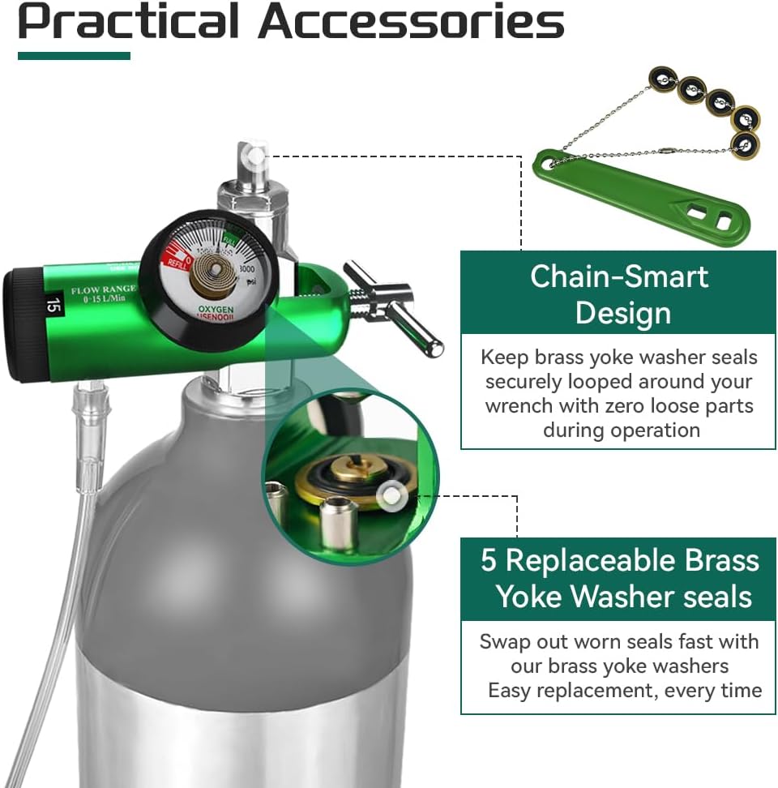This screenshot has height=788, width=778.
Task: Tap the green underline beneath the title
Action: (x=73, y=56)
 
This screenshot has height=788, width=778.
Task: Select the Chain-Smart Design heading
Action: (x=619, y=293)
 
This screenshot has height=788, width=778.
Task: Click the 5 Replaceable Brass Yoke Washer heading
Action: (x=619, y=578)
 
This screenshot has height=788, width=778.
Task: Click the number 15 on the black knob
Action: (x=53, y=306)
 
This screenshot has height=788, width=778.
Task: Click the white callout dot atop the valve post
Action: (x=256, y=152)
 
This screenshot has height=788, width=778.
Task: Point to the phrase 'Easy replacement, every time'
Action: (x=625, y=691)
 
